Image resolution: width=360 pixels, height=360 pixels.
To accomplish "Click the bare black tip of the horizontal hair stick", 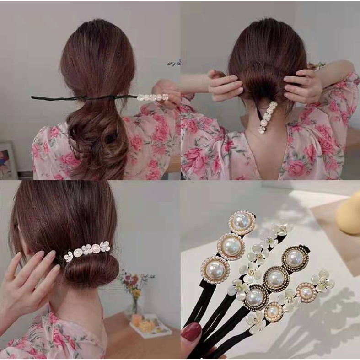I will point(35,97).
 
